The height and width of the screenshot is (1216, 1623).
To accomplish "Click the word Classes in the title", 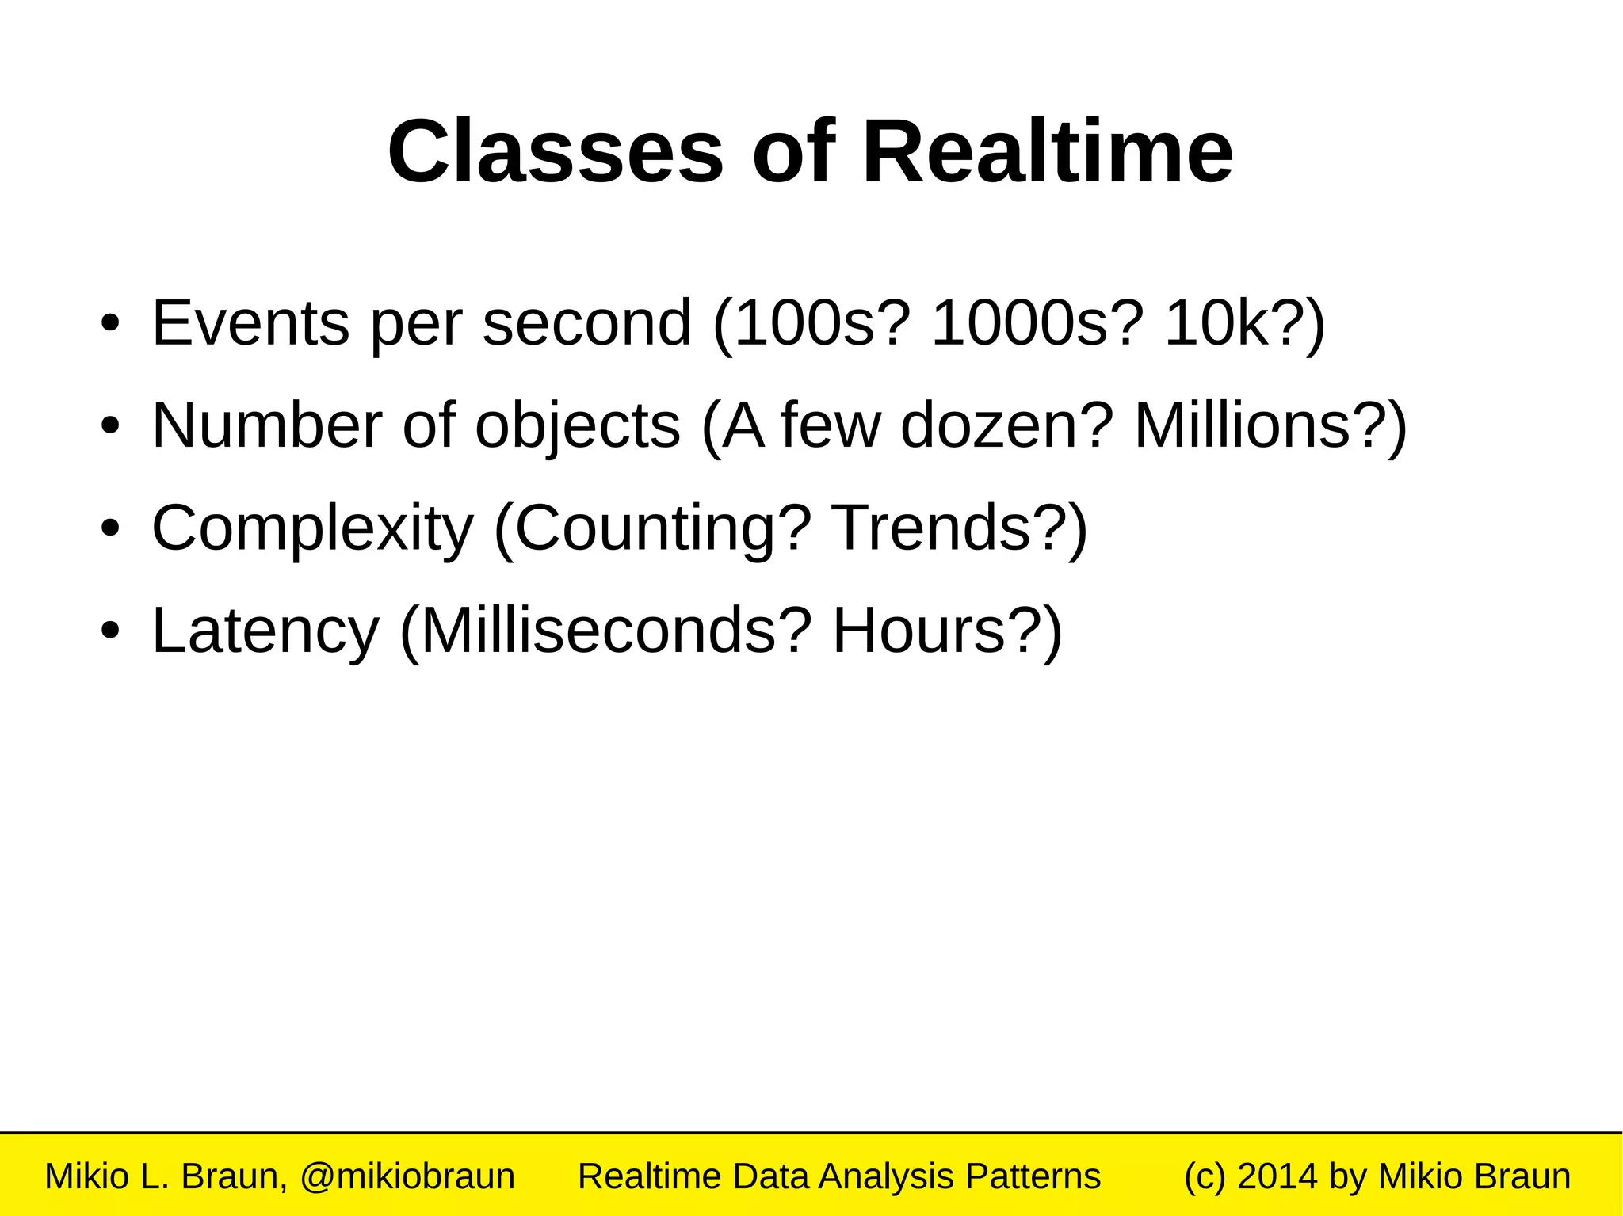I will (x=555, y=151).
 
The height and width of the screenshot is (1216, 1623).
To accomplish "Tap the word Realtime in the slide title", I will (x=1047, y=151).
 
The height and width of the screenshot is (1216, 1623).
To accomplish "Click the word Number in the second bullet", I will (x=267, y=425).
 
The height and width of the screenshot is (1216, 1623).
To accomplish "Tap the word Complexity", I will (x=312, y=529).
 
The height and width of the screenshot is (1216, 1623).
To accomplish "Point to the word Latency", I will (x=265, y=631).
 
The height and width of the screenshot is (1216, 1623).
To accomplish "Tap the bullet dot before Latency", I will (x=110, y=631).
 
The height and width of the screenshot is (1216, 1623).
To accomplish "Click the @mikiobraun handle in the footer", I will (x=407, y=1176).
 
